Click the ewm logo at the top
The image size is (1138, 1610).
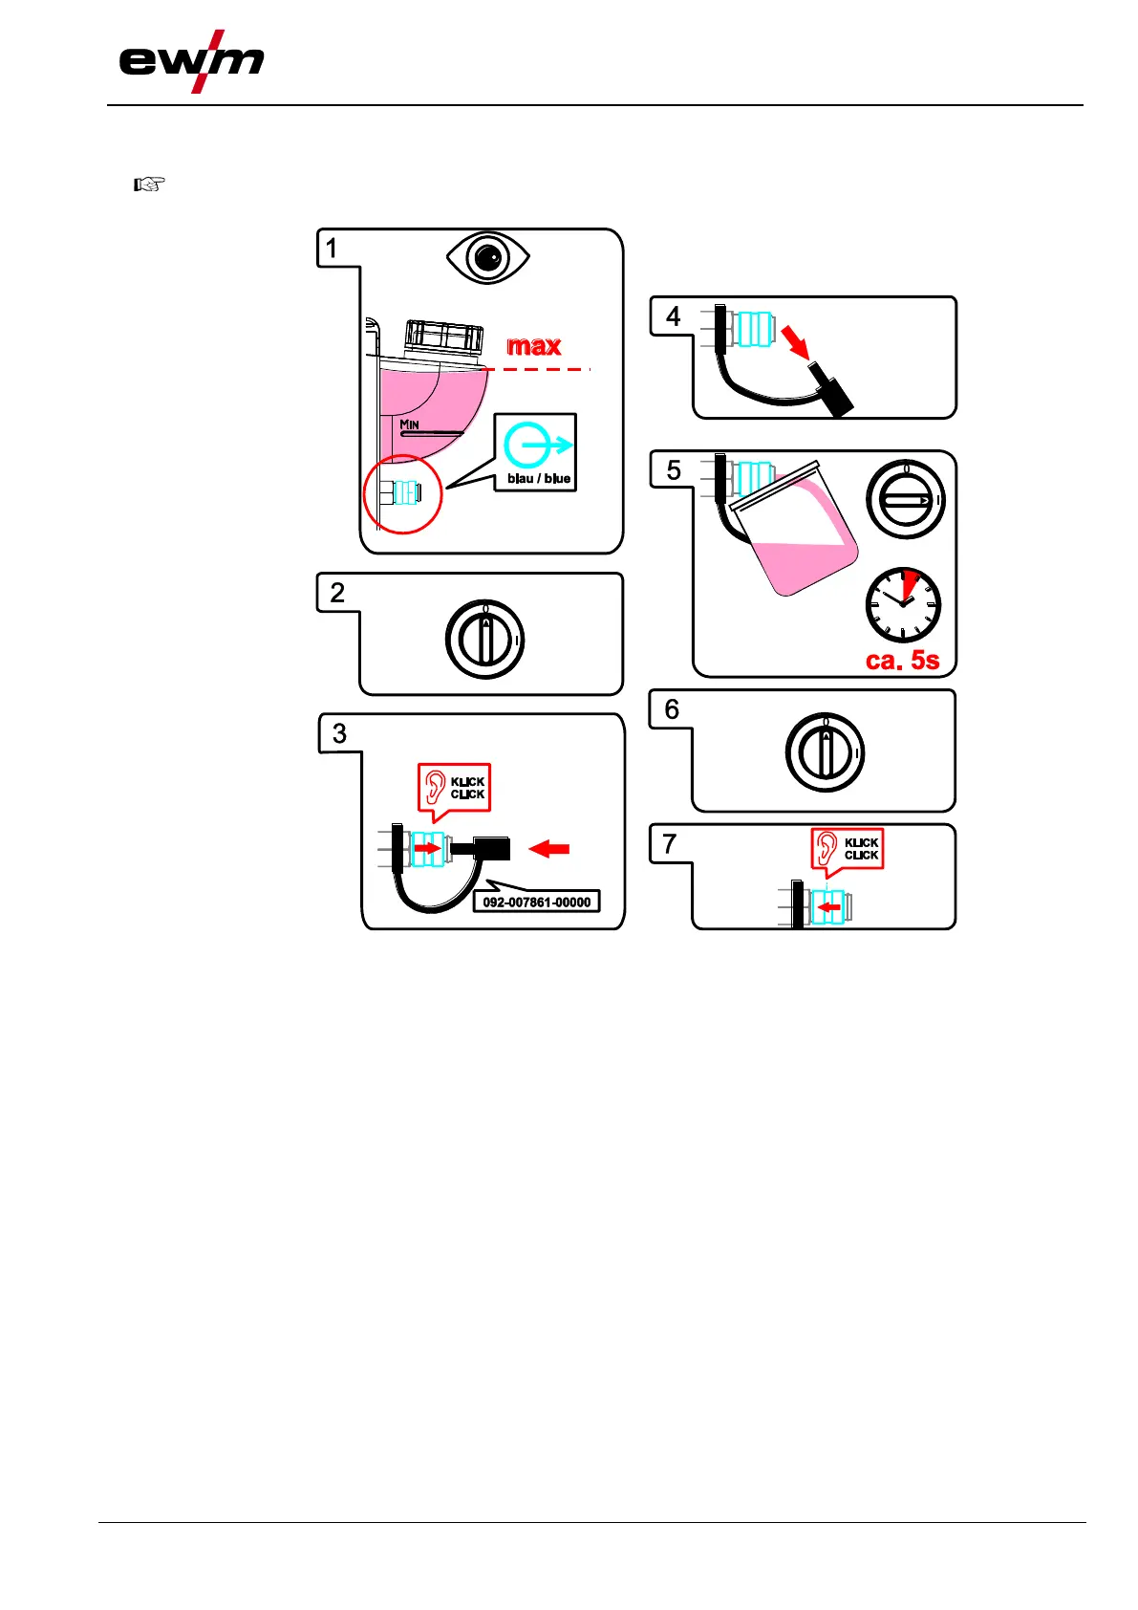[x=190, y=61]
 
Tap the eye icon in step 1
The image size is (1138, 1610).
[x=487, y=258]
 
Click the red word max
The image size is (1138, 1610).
[x=533, y=346]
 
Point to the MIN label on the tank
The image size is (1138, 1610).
[x=409, y=424]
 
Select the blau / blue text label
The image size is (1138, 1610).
[x=539, y=478]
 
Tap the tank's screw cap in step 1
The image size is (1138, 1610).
[x=443, y=337]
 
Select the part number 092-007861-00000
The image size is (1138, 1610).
[x=536, y=902]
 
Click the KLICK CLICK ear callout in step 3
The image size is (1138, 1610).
[x=455, y=789]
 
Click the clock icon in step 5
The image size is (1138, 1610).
[x=902, y=605]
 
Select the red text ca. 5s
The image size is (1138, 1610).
[x=902, y=660]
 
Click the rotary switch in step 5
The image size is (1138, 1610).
[x=905, y=500]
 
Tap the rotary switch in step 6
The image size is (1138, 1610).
[x=825, y=752]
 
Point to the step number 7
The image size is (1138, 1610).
[x=670, y=844]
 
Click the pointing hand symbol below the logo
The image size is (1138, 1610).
[x=149, y=184]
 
